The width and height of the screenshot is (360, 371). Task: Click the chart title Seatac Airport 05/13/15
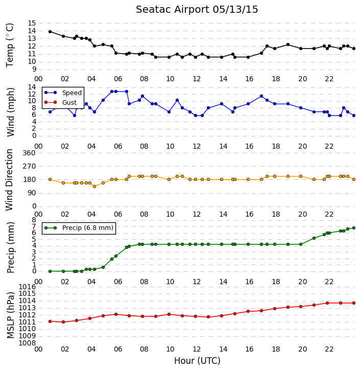click(197, 10)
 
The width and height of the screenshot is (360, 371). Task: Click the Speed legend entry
click(63, 93)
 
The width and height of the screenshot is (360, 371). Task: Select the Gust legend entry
click(61, 102)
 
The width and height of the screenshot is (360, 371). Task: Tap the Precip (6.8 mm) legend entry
click(79, 228)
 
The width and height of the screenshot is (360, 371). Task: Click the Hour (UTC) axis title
click(197, 361)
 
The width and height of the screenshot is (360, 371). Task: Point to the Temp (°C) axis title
click(10, 45)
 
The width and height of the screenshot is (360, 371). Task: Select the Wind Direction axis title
click(10, 180)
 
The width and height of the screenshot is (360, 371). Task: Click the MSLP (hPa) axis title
click(10, 315)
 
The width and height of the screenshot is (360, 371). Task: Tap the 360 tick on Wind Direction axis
click(29, 153)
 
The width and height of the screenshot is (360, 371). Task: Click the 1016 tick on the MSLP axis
click(28, 287)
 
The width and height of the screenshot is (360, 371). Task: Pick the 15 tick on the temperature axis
click(32, 23)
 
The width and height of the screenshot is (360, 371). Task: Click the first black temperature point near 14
click(50, 32)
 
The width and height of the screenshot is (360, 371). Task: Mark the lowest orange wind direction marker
click(94, 187)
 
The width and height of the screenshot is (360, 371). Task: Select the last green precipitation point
click(354, 228)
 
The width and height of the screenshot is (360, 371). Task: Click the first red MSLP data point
click(50, 321)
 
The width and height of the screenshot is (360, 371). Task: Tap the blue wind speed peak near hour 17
click(261, 96)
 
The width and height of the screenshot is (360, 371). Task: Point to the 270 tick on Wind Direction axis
click(29, 166)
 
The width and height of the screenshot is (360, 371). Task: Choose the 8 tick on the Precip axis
click(34, 220)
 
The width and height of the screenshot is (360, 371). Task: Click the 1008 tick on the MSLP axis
click(28, 343)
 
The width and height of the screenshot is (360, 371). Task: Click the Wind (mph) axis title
click(10, 112)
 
